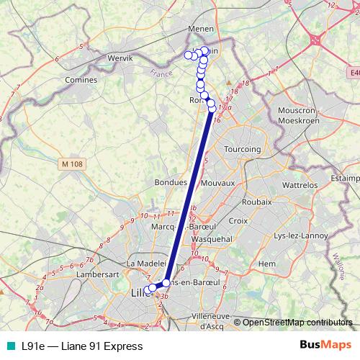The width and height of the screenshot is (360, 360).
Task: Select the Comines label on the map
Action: coord(81,80)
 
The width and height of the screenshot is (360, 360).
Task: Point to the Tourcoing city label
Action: coord(242,149)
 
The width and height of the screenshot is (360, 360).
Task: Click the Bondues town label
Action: coord(171,184)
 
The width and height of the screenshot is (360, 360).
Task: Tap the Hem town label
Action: coord(267,264)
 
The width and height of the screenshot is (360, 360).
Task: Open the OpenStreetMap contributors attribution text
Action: coord(297,323)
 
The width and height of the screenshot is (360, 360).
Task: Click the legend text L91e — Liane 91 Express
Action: coord(82,346)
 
